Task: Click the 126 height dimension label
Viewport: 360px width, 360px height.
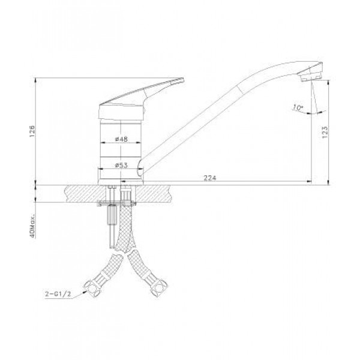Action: (x=32, y=131)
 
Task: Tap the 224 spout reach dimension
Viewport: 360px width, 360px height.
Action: (x=210, y=178)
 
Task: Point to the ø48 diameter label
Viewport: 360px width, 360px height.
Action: (x=121, y=139)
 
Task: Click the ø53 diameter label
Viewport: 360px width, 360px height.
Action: (x=121, y=165)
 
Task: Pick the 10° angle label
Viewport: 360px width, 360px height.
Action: (x=298, y=107)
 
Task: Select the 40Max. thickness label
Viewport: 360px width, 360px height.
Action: (x=32, y=226)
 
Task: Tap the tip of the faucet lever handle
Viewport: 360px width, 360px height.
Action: (x=183, y=79)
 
